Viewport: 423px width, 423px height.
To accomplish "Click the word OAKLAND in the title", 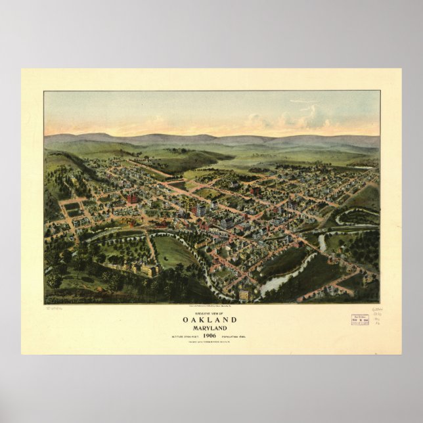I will [x=212, y=320].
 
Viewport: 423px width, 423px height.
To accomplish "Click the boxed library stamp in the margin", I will [x=360, y=321].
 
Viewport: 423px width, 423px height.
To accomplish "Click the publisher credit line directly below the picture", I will [x=212, y=306].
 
